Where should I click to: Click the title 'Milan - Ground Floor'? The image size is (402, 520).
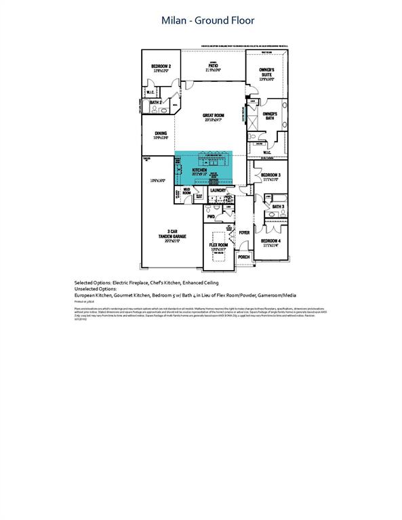207,20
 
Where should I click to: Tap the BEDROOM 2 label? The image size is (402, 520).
161,67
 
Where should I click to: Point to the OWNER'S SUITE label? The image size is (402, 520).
269,72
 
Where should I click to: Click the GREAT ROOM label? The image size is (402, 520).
212,116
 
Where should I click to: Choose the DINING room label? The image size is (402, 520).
161,133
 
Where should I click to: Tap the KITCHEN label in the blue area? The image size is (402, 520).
199,169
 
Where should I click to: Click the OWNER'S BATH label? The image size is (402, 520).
270,116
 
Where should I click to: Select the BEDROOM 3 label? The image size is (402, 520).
270,175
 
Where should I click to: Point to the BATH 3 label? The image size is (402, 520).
278,206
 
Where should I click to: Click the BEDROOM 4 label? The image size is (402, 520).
270,240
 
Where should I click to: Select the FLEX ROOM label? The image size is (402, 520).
218,244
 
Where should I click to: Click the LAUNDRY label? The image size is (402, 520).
218,190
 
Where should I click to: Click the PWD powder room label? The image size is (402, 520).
211,217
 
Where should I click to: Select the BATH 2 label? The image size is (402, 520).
156,102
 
